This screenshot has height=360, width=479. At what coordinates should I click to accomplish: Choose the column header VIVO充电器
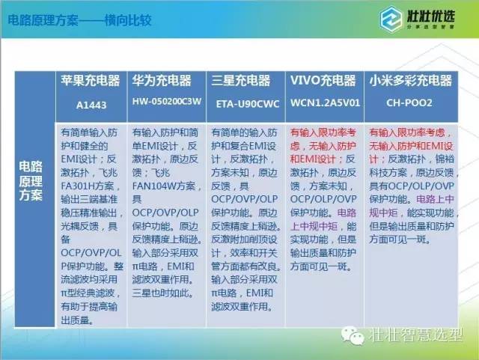click(x=324, y=80)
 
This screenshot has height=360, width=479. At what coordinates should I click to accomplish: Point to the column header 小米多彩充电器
click(x=409, y=80)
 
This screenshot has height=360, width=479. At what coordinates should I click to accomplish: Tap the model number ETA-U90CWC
click(x=245, y=106)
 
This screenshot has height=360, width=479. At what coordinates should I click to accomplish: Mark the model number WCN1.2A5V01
click(x=324, y=106)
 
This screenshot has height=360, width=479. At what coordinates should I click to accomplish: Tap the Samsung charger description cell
click(x=245, y=225)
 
